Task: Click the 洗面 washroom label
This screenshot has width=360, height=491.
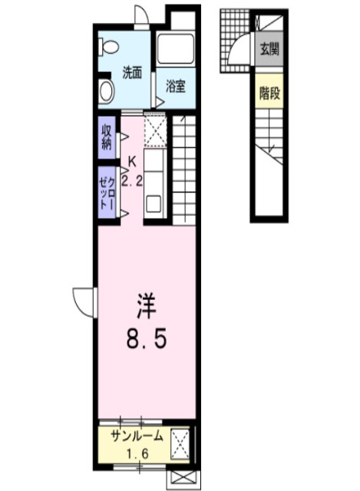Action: [132, 74]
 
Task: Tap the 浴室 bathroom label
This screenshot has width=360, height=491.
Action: [176, 87]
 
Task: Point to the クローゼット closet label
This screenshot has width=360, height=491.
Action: [106, 193]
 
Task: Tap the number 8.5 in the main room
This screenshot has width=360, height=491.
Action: [145, 338]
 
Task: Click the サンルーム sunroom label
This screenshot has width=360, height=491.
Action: [136, 437]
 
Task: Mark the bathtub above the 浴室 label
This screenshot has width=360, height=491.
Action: [176, 51]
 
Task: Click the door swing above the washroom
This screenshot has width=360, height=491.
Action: [140, 17]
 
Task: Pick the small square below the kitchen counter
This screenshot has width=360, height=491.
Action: [154, 205]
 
